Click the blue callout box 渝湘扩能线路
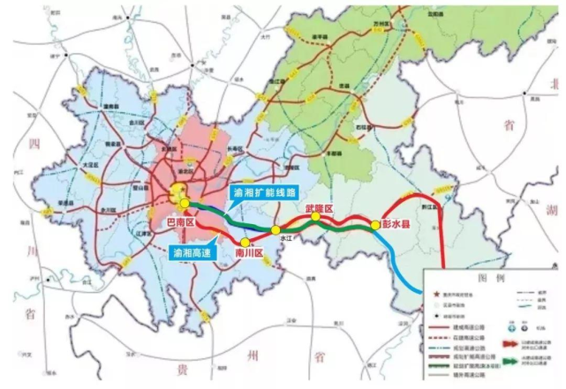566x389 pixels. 262,191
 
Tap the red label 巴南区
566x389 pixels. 179,224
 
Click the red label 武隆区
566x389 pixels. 319,208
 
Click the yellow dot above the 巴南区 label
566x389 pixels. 184,203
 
